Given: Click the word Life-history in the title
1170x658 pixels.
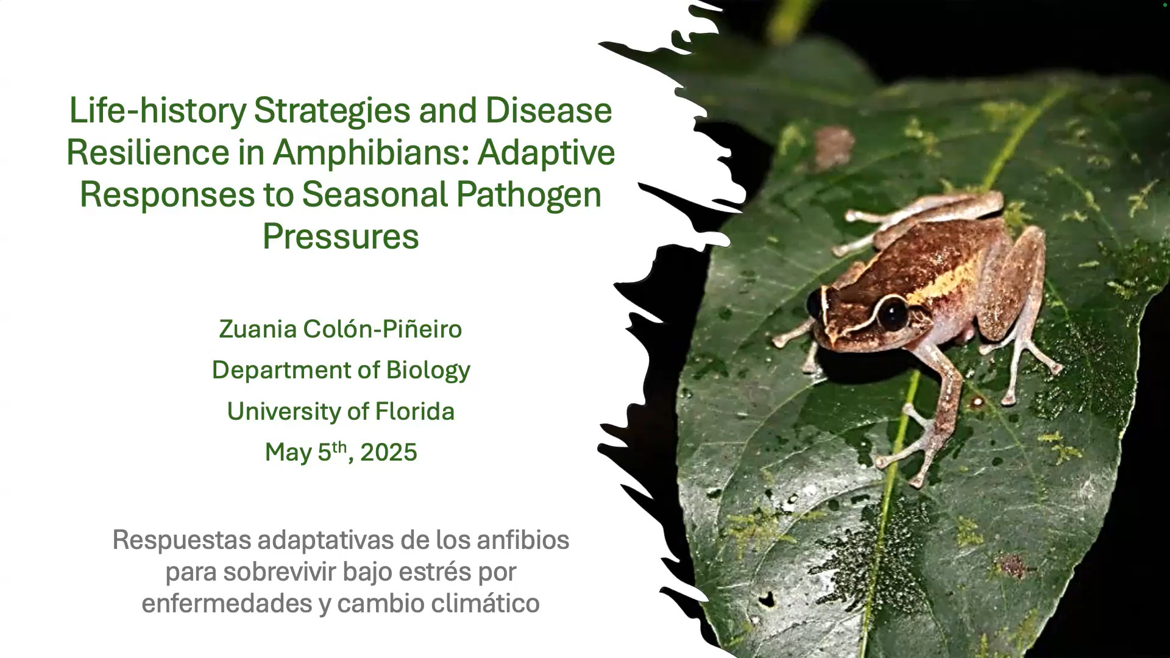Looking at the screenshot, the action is (x=157, y=111).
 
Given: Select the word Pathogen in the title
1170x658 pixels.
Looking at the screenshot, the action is (x=528, y=195).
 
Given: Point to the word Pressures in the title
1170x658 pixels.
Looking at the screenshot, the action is (x=341, y=236).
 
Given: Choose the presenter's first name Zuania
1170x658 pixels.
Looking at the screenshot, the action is (x=258, y=329).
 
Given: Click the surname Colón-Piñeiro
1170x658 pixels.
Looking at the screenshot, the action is (x=383, y=329).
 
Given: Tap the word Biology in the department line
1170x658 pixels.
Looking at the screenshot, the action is (x=428, y=370).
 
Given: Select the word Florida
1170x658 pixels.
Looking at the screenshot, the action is (x=415, y=411).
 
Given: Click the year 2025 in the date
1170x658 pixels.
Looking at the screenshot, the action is (x=388, y=453).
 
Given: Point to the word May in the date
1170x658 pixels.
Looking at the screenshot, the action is (x=288, y=453).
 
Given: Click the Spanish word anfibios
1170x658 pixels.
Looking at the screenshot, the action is (x=522, y=540).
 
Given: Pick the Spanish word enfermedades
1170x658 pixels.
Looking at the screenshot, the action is (x=227, y=604).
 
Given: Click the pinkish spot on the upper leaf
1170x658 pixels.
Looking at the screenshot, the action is (x=834, y=145).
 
